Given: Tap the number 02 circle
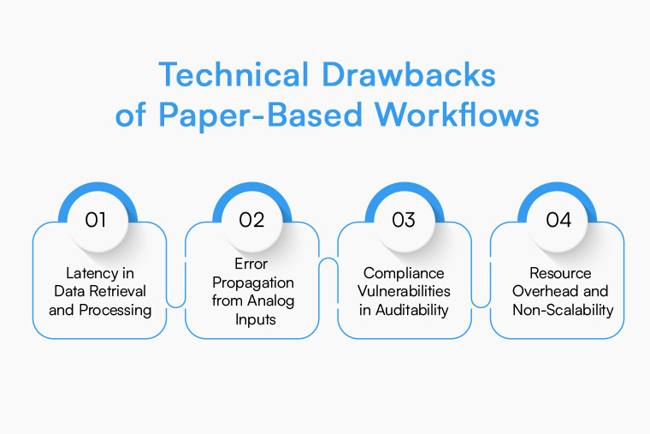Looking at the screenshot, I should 251,220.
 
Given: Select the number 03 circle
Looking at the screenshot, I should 404,220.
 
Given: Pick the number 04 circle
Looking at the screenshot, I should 558,220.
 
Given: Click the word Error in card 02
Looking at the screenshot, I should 252,264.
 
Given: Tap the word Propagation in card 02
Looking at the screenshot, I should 252,282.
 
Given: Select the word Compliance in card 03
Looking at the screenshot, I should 405,273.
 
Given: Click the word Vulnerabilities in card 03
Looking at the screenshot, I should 405,291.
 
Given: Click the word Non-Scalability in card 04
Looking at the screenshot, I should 563,310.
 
